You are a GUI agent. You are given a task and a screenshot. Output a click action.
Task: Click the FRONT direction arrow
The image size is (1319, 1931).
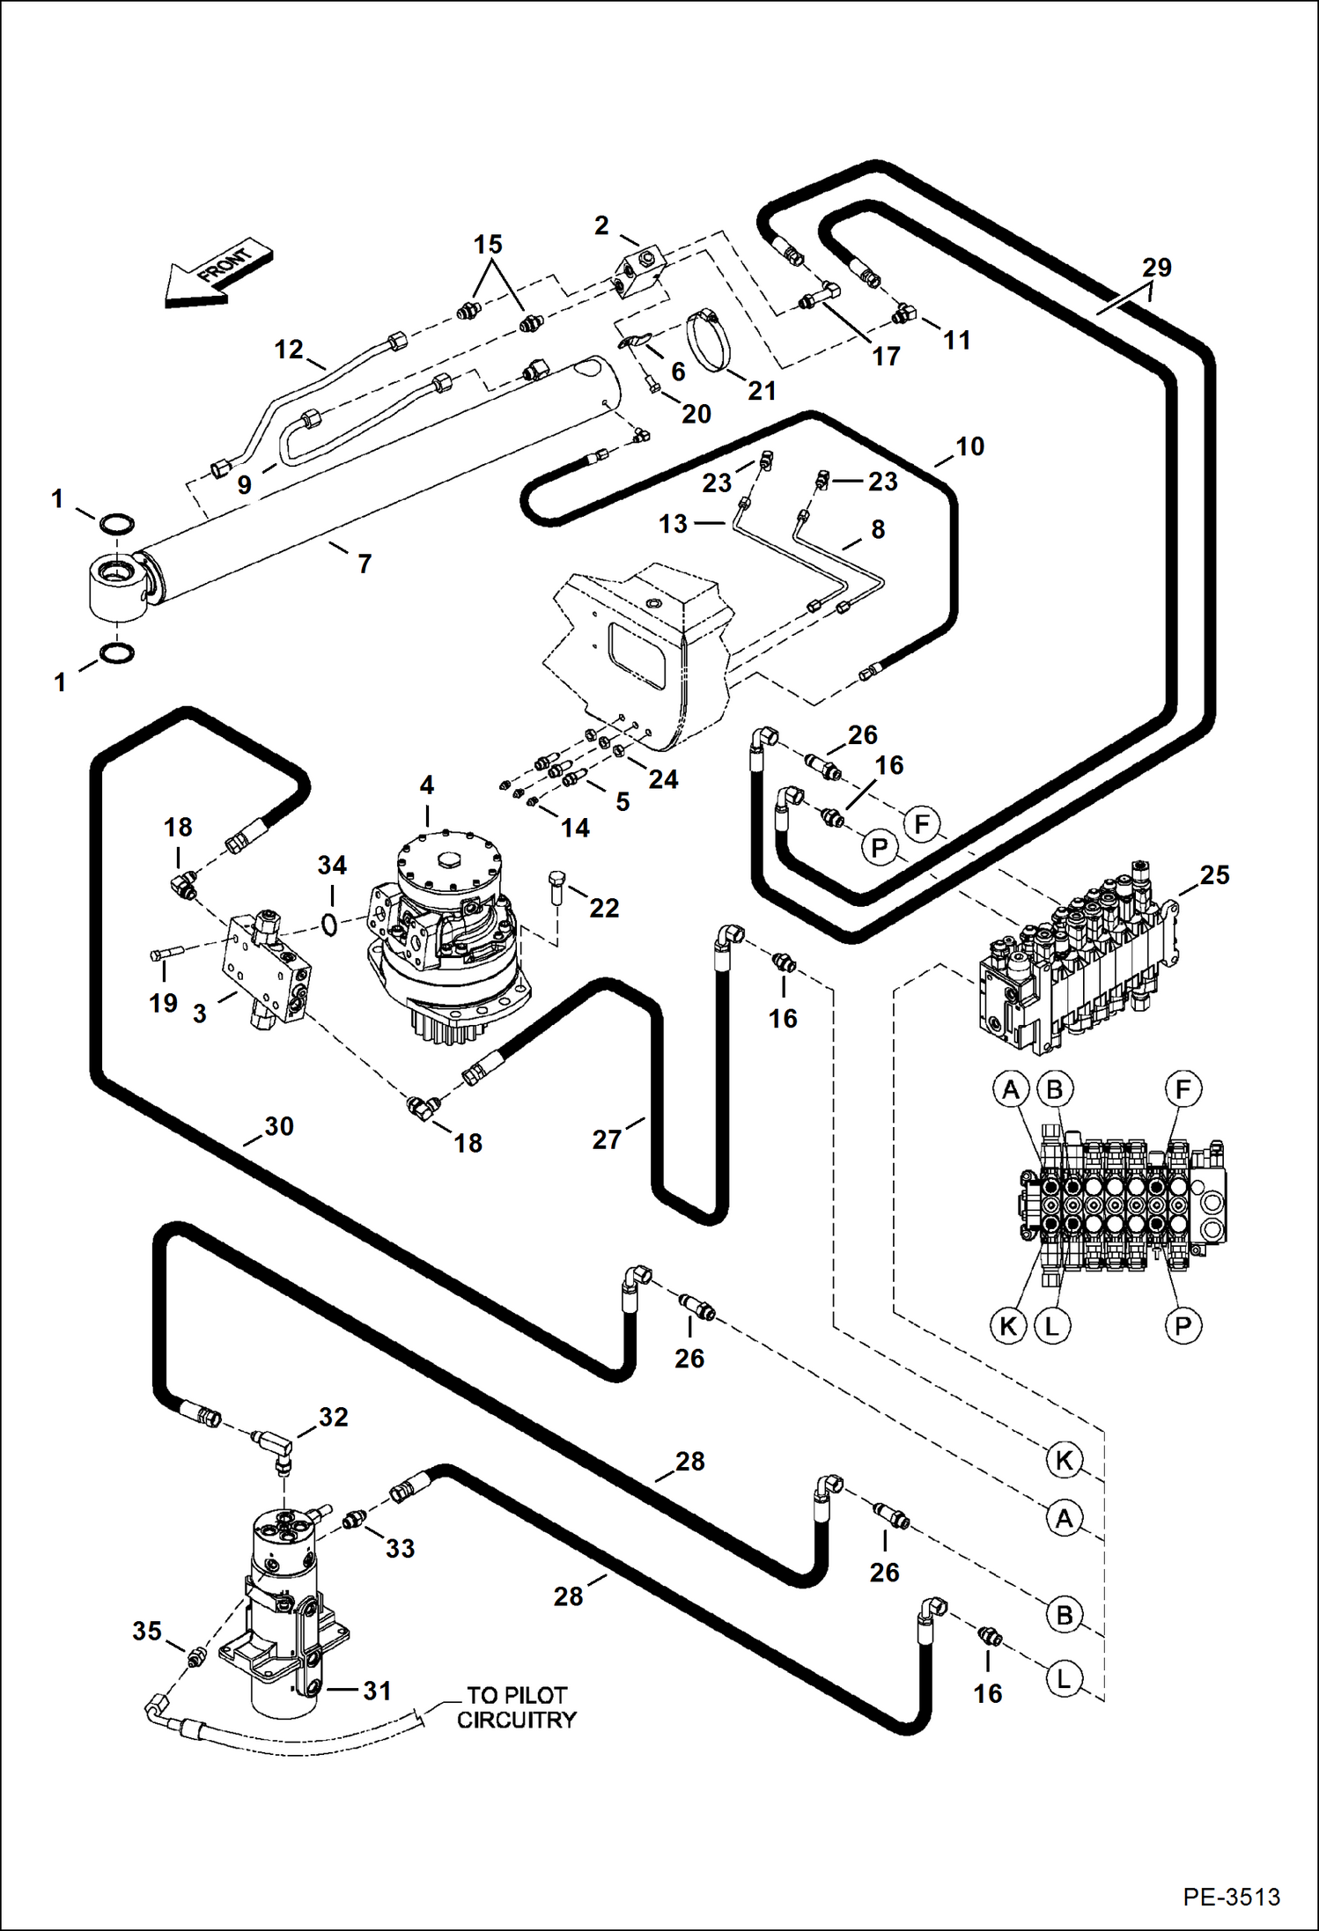pos(217,274)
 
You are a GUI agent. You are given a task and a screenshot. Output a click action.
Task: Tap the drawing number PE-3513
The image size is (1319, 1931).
pos(1230,1897)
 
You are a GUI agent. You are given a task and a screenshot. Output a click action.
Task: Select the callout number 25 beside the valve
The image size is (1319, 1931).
pos(1214,874)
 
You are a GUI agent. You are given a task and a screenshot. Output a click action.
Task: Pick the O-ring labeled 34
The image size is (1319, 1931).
pos(329,925)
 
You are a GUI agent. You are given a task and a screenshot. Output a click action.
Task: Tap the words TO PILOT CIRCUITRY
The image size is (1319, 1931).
pos(516,1706)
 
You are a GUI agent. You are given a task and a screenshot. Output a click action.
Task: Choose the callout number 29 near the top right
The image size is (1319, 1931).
pos(1156,267)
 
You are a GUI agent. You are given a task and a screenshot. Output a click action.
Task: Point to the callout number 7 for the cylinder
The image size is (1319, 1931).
pos(365,564)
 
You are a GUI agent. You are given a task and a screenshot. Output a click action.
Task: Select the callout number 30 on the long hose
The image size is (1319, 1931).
pos(279,1126)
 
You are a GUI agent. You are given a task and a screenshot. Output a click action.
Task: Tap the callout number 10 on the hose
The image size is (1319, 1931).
pos(969,446)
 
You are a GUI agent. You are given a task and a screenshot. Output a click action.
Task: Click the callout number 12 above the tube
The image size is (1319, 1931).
pos(289,350)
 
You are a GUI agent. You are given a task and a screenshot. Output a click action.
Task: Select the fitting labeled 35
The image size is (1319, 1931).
pos(196,1659)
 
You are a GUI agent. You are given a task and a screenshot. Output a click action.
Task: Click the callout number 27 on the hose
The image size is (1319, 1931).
pos(607,1139)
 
